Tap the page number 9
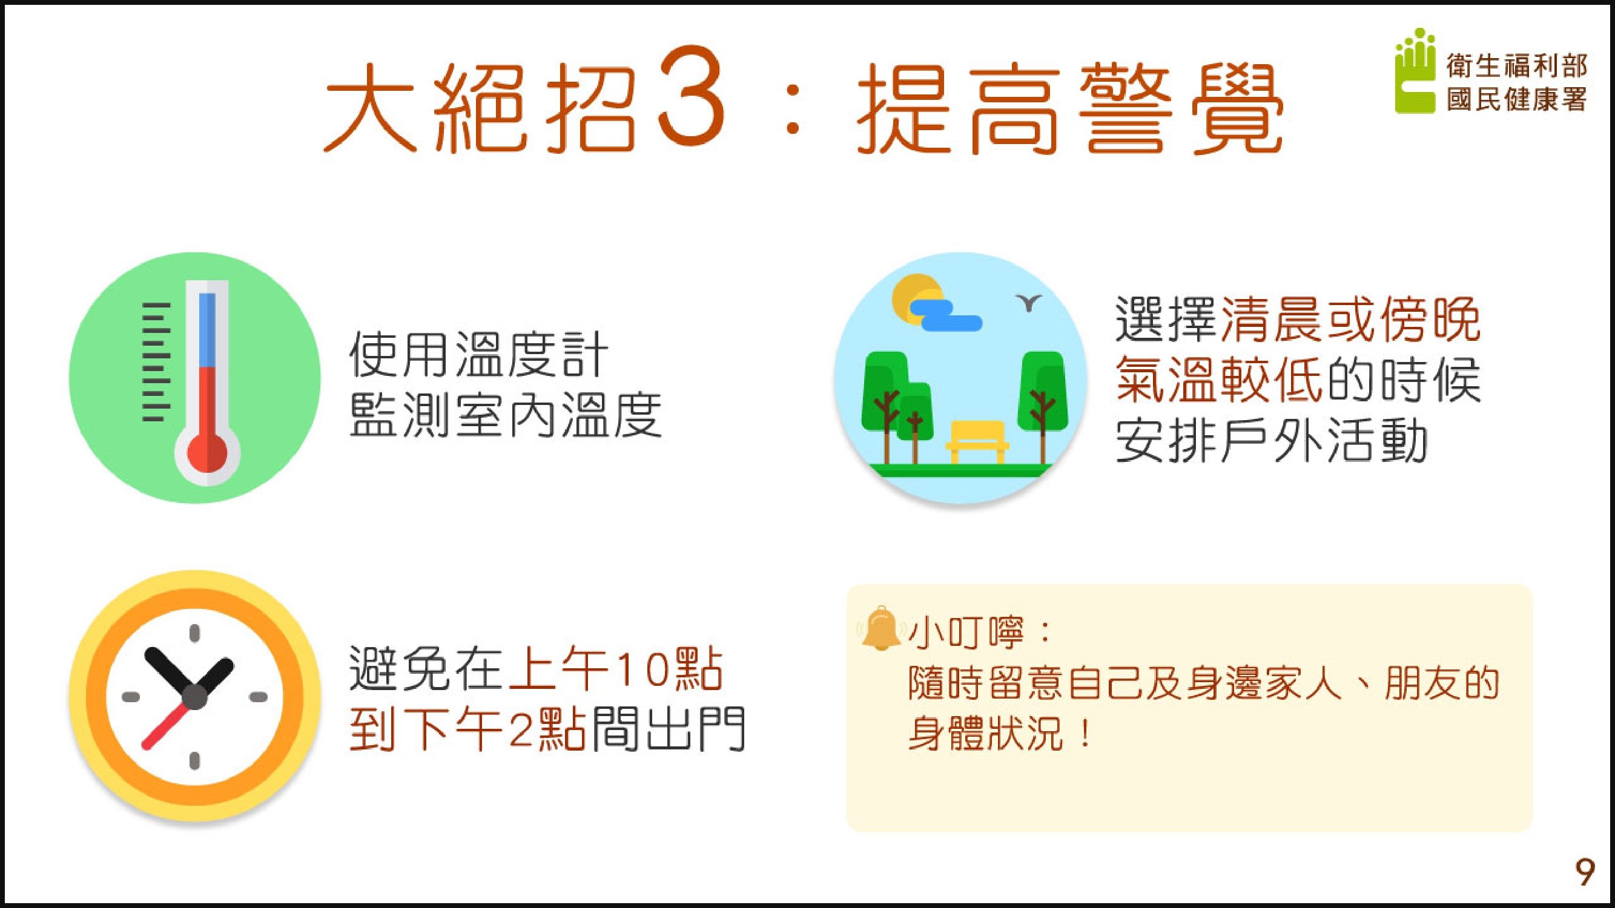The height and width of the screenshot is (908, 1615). (1585, 873)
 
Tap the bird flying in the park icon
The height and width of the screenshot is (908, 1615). (1028, 303)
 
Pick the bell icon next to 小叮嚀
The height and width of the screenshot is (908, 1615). (880, 628)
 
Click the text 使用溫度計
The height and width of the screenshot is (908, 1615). (478, 355)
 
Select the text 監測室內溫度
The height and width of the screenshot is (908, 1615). (505, 415)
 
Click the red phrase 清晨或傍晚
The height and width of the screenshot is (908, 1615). (1350, 320)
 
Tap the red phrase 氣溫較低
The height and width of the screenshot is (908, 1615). (1220, 380)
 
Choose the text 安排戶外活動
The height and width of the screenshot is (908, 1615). (1272, 441)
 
